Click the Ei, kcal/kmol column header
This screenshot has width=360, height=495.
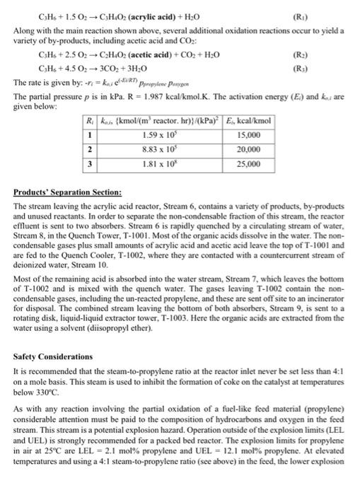click(x=247, y=120)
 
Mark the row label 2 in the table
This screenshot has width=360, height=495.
click(x=90, y=148)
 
